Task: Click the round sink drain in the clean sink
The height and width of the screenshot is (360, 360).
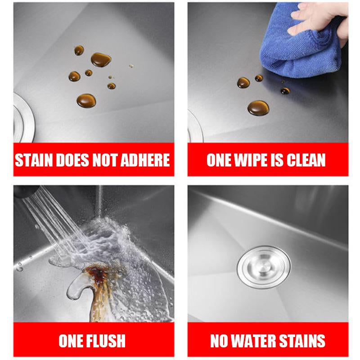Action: [264, 267]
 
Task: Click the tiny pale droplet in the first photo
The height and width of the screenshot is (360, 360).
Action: [131, 66]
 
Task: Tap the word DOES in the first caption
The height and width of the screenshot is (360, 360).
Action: [72, 160]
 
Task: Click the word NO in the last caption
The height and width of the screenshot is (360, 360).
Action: [219, 341]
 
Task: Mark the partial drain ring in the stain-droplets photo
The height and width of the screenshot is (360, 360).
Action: [24, 117]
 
